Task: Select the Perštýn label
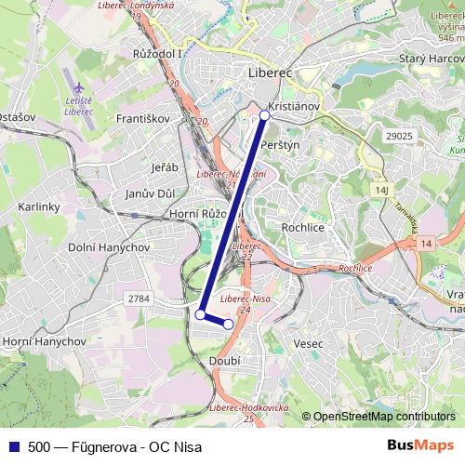(281, 146)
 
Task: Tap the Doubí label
(225, 360)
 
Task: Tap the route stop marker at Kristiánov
(264, 115)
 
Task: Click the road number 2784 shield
(139, 298)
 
